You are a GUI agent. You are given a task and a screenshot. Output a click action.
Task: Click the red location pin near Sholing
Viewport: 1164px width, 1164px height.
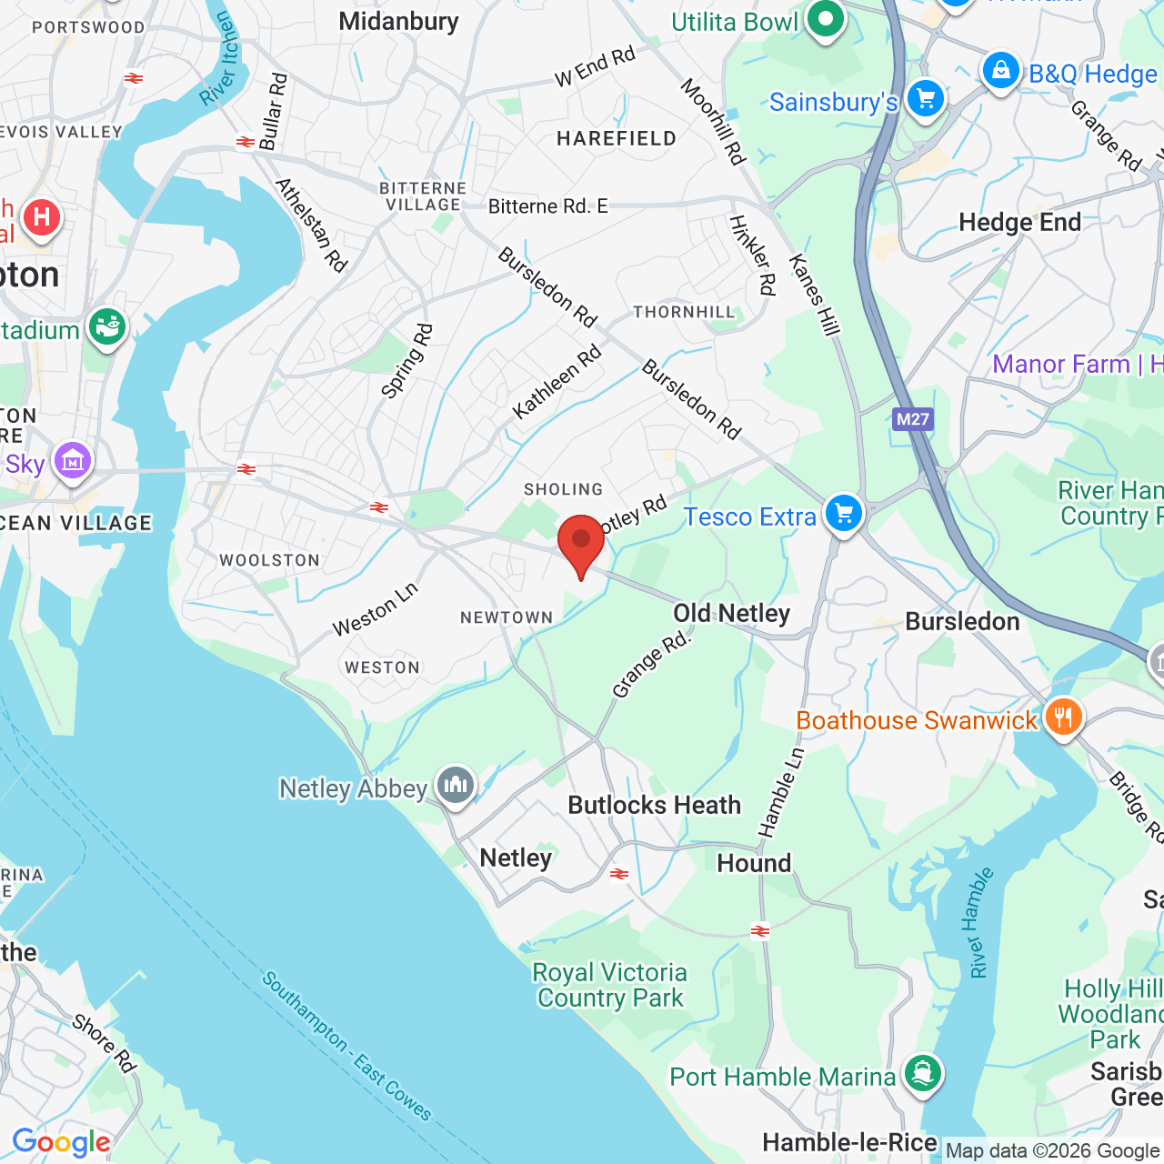(x=580, y=542)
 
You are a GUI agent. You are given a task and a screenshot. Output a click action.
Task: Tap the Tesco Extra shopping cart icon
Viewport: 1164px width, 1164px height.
(x=844, y=514)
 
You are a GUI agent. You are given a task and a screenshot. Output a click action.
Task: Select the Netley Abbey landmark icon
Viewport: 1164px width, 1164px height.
(x=456, y=785)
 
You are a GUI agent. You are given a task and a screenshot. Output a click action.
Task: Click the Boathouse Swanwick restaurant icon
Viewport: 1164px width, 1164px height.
(x=1062, y=717)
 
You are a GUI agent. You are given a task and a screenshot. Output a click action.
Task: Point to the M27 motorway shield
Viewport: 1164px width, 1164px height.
(x=912, y=419)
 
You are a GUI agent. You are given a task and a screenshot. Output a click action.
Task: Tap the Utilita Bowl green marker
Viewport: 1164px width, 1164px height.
(x=826, y=20)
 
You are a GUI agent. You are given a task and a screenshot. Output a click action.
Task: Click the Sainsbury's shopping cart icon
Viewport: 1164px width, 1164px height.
(x=926, y=98)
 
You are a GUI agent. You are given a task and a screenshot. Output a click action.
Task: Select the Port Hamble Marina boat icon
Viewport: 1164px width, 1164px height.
(x=923, y=1073)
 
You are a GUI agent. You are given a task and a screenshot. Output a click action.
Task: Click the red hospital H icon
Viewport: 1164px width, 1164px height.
(x=41, y=217)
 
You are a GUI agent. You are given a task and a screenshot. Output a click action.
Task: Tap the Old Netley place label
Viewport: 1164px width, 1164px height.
(x=731, y=613)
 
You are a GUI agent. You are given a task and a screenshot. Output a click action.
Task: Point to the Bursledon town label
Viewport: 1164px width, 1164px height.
(x=962, y=622)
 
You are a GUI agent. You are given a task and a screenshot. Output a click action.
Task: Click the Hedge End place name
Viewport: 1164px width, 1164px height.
(x=1019, y=223)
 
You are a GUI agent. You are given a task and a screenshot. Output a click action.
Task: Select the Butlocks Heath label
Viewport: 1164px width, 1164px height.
(x=654, y=806)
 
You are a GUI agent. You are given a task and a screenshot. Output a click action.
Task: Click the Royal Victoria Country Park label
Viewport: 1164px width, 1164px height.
(x=610, y=986)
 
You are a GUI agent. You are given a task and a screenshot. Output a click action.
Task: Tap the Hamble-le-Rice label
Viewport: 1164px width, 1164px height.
(x=848, y=1143)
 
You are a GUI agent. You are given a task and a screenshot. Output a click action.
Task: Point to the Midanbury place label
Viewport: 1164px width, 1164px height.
(x=398, y=21)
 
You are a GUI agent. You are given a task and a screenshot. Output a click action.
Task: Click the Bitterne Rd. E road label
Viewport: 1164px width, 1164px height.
(x=547, y=206)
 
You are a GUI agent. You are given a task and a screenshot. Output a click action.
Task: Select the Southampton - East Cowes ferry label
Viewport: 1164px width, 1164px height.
(x=346, y=1046)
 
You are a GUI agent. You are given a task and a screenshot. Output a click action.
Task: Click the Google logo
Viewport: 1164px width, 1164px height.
(x=61, y=1142)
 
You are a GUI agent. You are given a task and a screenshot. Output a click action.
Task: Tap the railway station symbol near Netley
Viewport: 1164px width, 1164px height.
(x=619, y=874)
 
